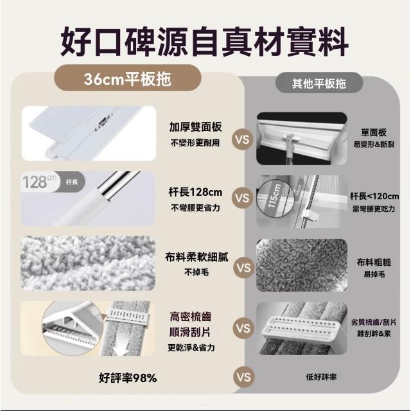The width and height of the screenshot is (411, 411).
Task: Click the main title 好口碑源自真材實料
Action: [x=204, y=42]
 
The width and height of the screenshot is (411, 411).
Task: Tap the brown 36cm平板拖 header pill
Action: [x=128, y=78]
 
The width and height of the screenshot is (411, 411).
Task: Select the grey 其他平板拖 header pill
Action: [x=319, y=83]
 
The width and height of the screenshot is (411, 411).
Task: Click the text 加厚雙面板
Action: [x=195, y=127]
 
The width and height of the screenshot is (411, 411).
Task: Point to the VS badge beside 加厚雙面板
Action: [x=242, y=139]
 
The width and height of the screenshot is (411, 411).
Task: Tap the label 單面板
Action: [x=374, y=133]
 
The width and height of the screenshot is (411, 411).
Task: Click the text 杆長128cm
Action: [x=195, y=192]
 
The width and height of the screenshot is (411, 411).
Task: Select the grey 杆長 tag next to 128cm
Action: [x=72, y=182]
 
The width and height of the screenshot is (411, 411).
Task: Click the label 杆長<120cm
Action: [x=374, y=196]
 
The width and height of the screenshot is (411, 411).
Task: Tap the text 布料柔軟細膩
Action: [x=197, y=257]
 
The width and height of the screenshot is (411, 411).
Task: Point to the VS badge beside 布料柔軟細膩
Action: [x=244, y=268]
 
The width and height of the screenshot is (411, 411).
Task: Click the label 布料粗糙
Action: [x=374, y=263]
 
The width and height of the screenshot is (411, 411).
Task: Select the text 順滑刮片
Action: [x=190, y=333]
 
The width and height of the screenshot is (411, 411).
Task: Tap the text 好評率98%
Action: [x=128, y=378]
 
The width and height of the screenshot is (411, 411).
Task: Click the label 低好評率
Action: [x=321, y=377]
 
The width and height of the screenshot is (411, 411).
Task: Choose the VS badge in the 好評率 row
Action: [x=244, y=377]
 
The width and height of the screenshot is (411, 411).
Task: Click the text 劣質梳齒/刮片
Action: [x=374, y=322]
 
